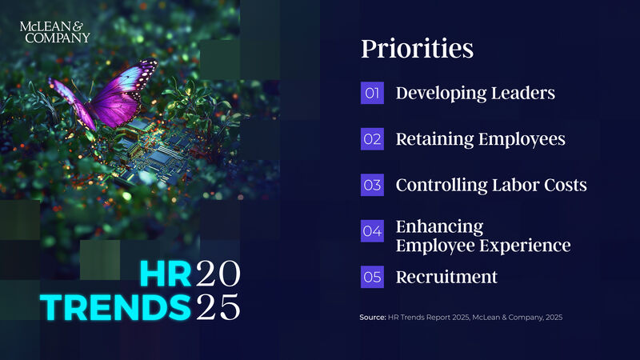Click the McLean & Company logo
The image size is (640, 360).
54,31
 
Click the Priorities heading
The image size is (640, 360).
417,49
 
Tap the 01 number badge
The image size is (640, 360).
372,93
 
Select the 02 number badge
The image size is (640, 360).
372,139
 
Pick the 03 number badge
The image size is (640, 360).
372,186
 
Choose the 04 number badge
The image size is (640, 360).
372,231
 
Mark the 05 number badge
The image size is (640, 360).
372,278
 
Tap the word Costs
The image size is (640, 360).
566,186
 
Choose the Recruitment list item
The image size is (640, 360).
446,278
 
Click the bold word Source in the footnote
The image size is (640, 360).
373,318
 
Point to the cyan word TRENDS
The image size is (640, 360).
117,306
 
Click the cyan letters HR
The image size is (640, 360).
165,274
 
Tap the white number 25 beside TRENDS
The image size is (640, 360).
218,306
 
